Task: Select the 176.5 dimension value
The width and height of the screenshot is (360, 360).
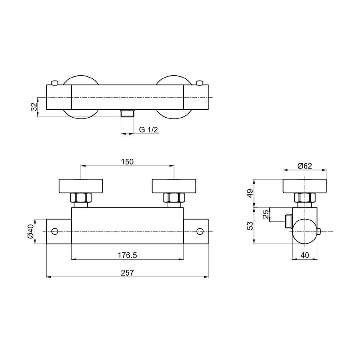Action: pos(127,255)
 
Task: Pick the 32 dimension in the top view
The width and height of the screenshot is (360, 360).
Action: pos(34,106)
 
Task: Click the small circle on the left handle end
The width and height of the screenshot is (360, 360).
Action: pos(55,231)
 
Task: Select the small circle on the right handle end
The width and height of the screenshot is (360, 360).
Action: pos(200,231)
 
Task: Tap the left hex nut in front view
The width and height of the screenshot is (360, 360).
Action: pos(81,198)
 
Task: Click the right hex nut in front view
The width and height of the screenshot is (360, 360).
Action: pos(174,198)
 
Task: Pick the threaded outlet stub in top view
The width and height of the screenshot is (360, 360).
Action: pos(127,113)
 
